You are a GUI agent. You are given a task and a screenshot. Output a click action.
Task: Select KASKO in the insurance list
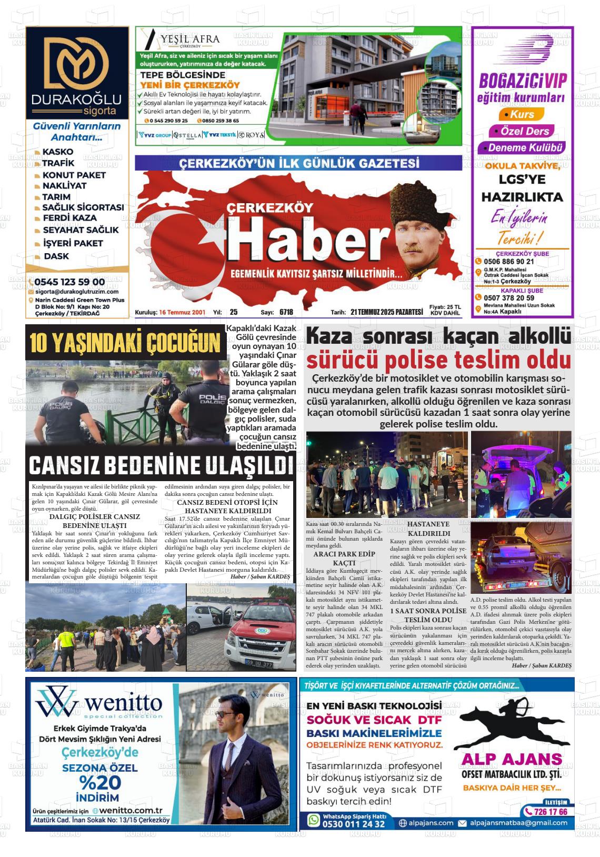58,152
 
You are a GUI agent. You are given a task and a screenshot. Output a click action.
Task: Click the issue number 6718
286,312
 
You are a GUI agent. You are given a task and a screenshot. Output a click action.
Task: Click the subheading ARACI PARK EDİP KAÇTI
344,558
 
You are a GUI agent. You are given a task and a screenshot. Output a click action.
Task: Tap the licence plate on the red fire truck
259,664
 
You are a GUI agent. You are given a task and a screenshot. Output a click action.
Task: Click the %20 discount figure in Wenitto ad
100,782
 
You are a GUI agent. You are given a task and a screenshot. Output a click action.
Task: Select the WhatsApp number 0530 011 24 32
353,824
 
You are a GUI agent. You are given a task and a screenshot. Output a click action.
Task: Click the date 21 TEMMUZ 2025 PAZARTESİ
386,312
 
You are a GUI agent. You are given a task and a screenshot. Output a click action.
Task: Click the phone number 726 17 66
551,812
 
